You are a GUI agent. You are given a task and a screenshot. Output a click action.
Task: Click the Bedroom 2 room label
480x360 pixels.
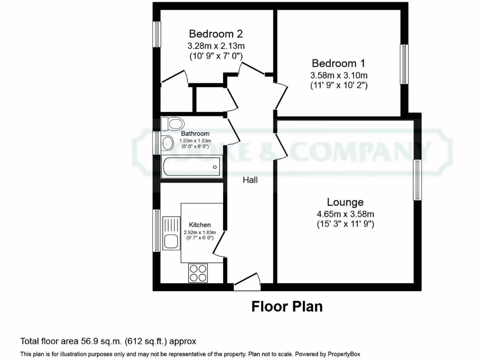click(x=216, y=34)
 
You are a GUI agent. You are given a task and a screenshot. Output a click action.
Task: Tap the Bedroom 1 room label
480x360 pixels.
click(x=338, y=63)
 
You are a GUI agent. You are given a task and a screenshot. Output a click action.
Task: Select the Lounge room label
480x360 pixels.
click(x=345, y=202)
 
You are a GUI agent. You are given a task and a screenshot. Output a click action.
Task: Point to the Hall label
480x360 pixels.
click(x=250, y=180)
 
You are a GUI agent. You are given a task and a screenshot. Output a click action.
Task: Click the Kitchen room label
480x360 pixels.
click(x=200, y=225)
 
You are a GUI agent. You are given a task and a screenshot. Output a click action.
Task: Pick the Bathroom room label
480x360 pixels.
click(x=195, y=134)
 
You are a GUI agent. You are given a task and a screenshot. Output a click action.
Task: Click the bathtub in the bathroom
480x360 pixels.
click(x=191, y=167)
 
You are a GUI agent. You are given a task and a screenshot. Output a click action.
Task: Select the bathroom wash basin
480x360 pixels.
click(x=166, y=143)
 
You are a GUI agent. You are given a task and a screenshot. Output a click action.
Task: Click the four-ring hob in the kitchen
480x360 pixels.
click(x=198, y=273)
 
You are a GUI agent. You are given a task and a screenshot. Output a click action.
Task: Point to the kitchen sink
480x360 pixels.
click(x=169, y=234)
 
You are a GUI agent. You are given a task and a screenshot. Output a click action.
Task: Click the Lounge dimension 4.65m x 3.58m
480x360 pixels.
click(x=345, y=214)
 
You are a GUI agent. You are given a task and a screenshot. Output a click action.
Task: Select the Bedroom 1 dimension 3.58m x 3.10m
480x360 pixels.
click(x=338, y=75)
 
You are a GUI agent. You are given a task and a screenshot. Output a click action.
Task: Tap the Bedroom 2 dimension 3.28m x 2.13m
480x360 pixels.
click(x=216, y=46)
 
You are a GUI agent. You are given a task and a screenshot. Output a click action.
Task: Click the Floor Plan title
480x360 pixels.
click(x=287, y=307)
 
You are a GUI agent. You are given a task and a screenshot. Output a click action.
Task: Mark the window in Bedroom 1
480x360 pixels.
click(x=404, y=64)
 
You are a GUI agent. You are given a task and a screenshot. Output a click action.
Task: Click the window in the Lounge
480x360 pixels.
click(x=417, y=180)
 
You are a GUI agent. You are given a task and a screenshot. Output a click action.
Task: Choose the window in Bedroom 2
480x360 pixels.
click(x=157, y=34)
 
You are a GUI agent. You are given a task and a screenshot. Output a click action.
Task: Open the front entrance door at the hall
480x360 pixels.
click(x=247, y=282)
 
